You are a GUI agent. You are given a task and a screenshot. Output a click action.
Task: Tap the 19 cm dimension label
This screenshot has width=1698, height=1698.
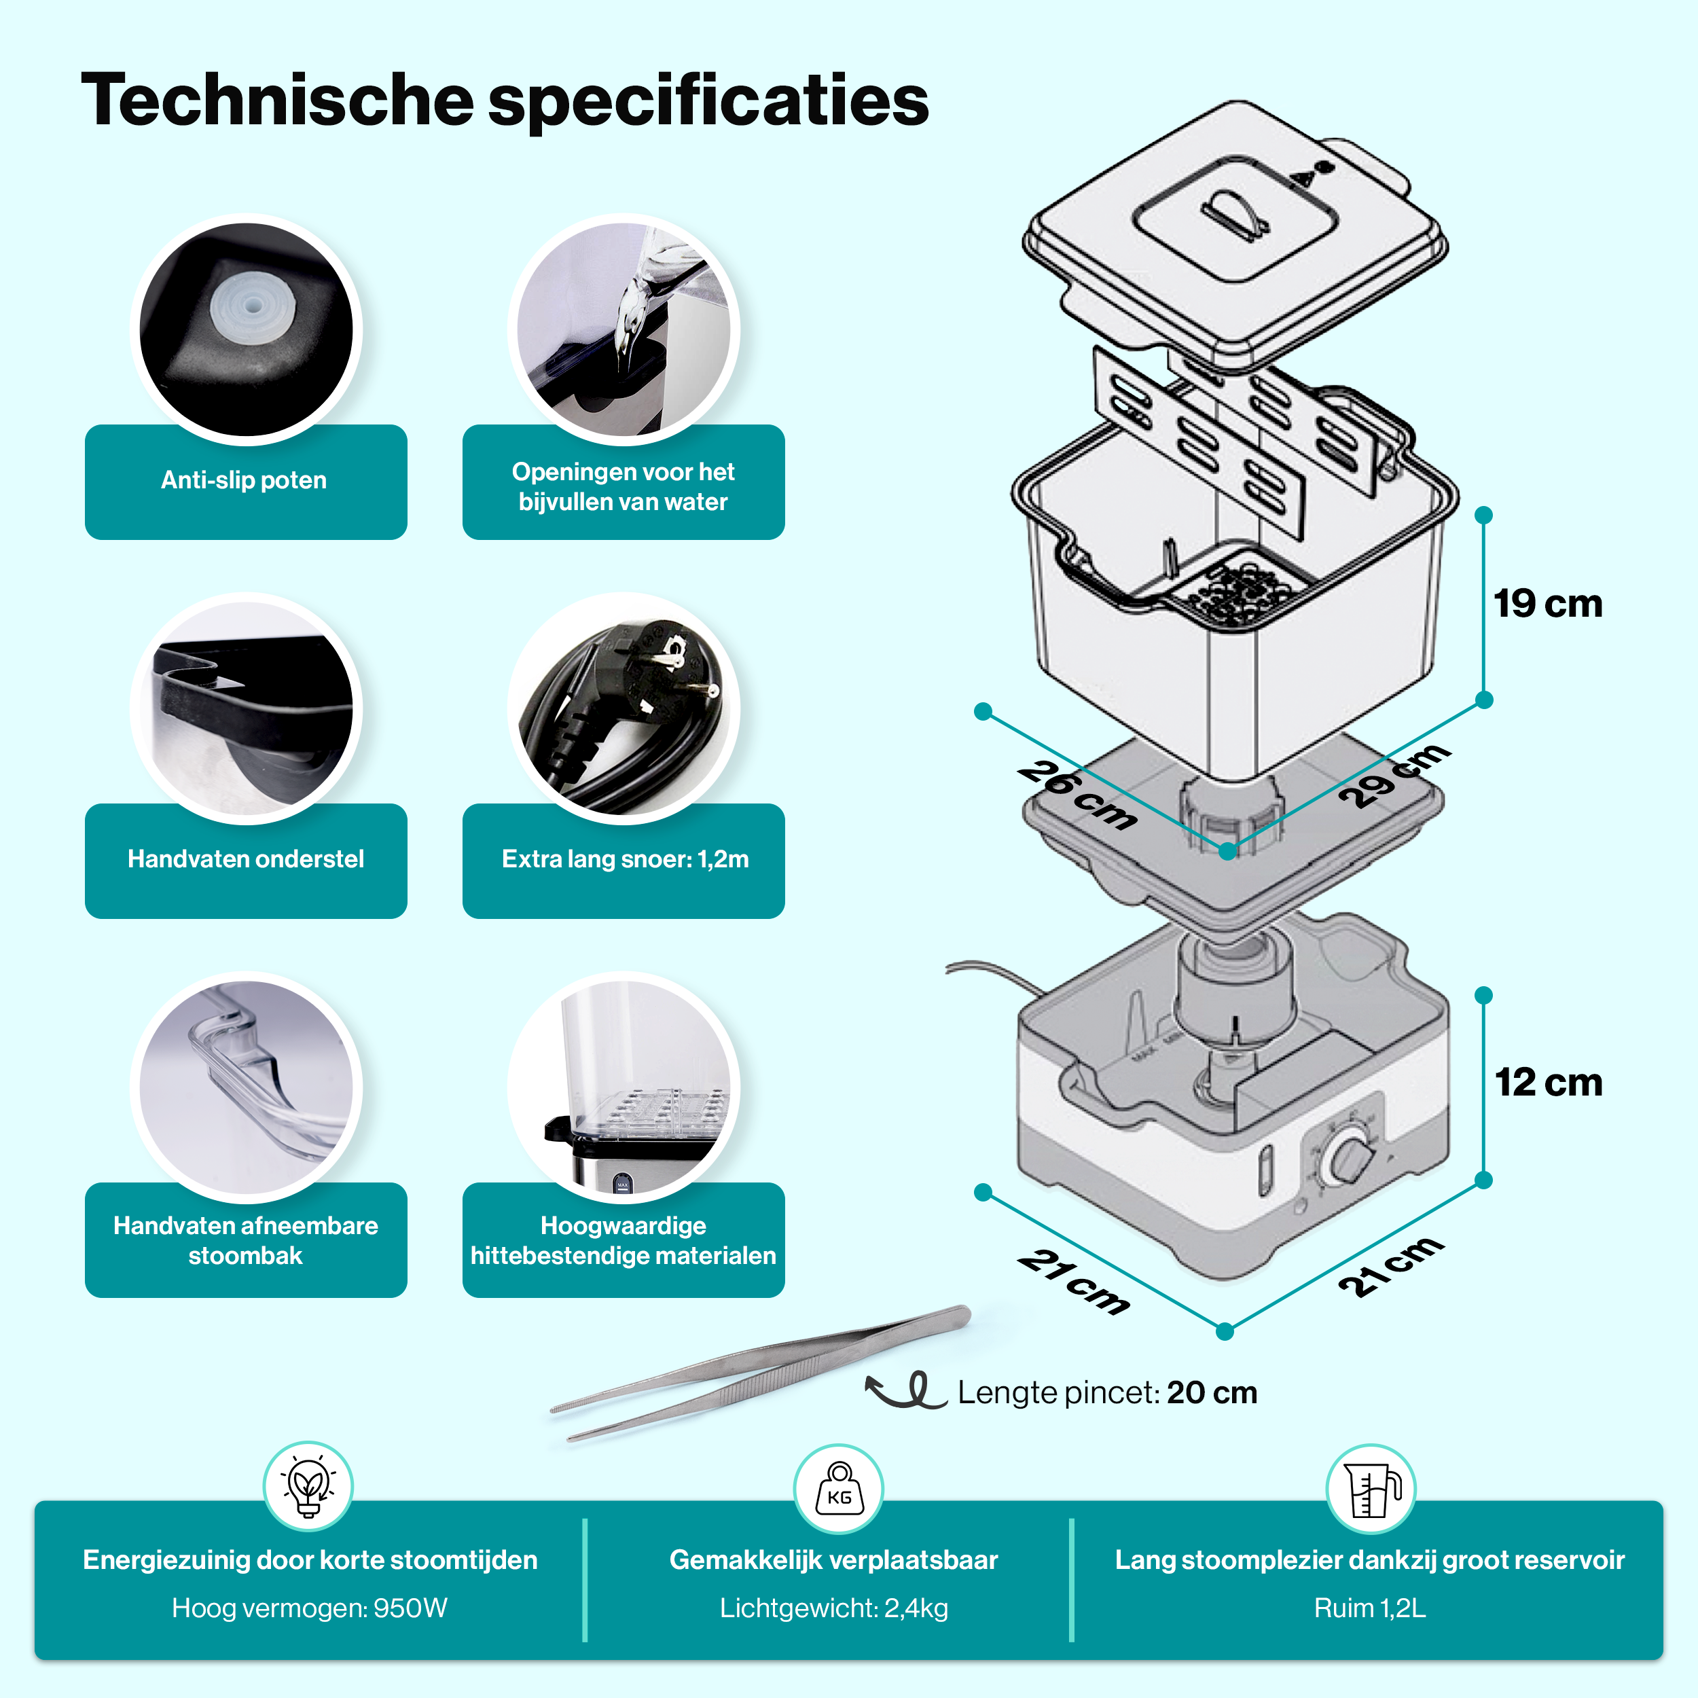(1548, 604)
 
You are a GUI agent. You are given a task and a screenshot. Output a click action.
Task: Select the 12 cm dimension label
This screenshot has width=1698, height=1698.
(1548, 1082)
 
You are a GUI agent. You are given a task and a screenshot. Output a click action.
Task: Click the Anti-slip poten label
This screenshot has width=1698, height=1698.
(245, 480)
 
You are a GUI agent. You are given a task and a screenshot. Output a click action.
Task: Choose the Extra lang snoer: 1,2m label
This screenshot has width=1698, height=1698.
(624, 859)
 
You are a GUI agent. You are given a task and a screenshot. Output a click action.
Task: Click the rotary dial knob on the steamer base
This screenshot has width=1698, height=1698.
(1350, 1158)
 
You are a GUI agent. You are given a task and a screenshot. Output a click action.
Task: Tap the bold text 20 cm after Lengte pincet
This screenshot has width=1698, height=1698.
(1212, 1393)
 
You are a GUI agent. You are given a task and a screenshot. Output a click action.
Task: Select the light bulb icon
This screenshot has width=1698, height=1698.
(308, 1486)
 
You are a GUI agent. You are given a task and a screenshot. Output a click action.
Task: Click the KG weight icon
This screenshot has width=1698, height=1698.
(838, 1489)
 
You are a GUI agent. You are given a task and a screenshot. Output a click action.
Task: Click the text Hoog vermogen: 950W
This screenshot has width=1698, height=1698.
(309, 1608)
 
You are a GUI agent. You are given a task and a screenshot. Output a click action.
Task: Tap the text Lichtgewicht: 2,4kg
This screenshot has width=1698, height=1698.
(833, 1608)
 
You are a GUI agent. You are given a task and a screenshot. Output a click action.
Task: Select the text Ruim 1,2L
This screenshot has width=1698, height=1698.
(1369, 1608)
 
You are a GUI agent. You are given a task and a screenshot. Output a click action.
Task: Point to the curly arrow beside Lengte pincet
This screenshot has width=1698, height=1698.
(905, 1391)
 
